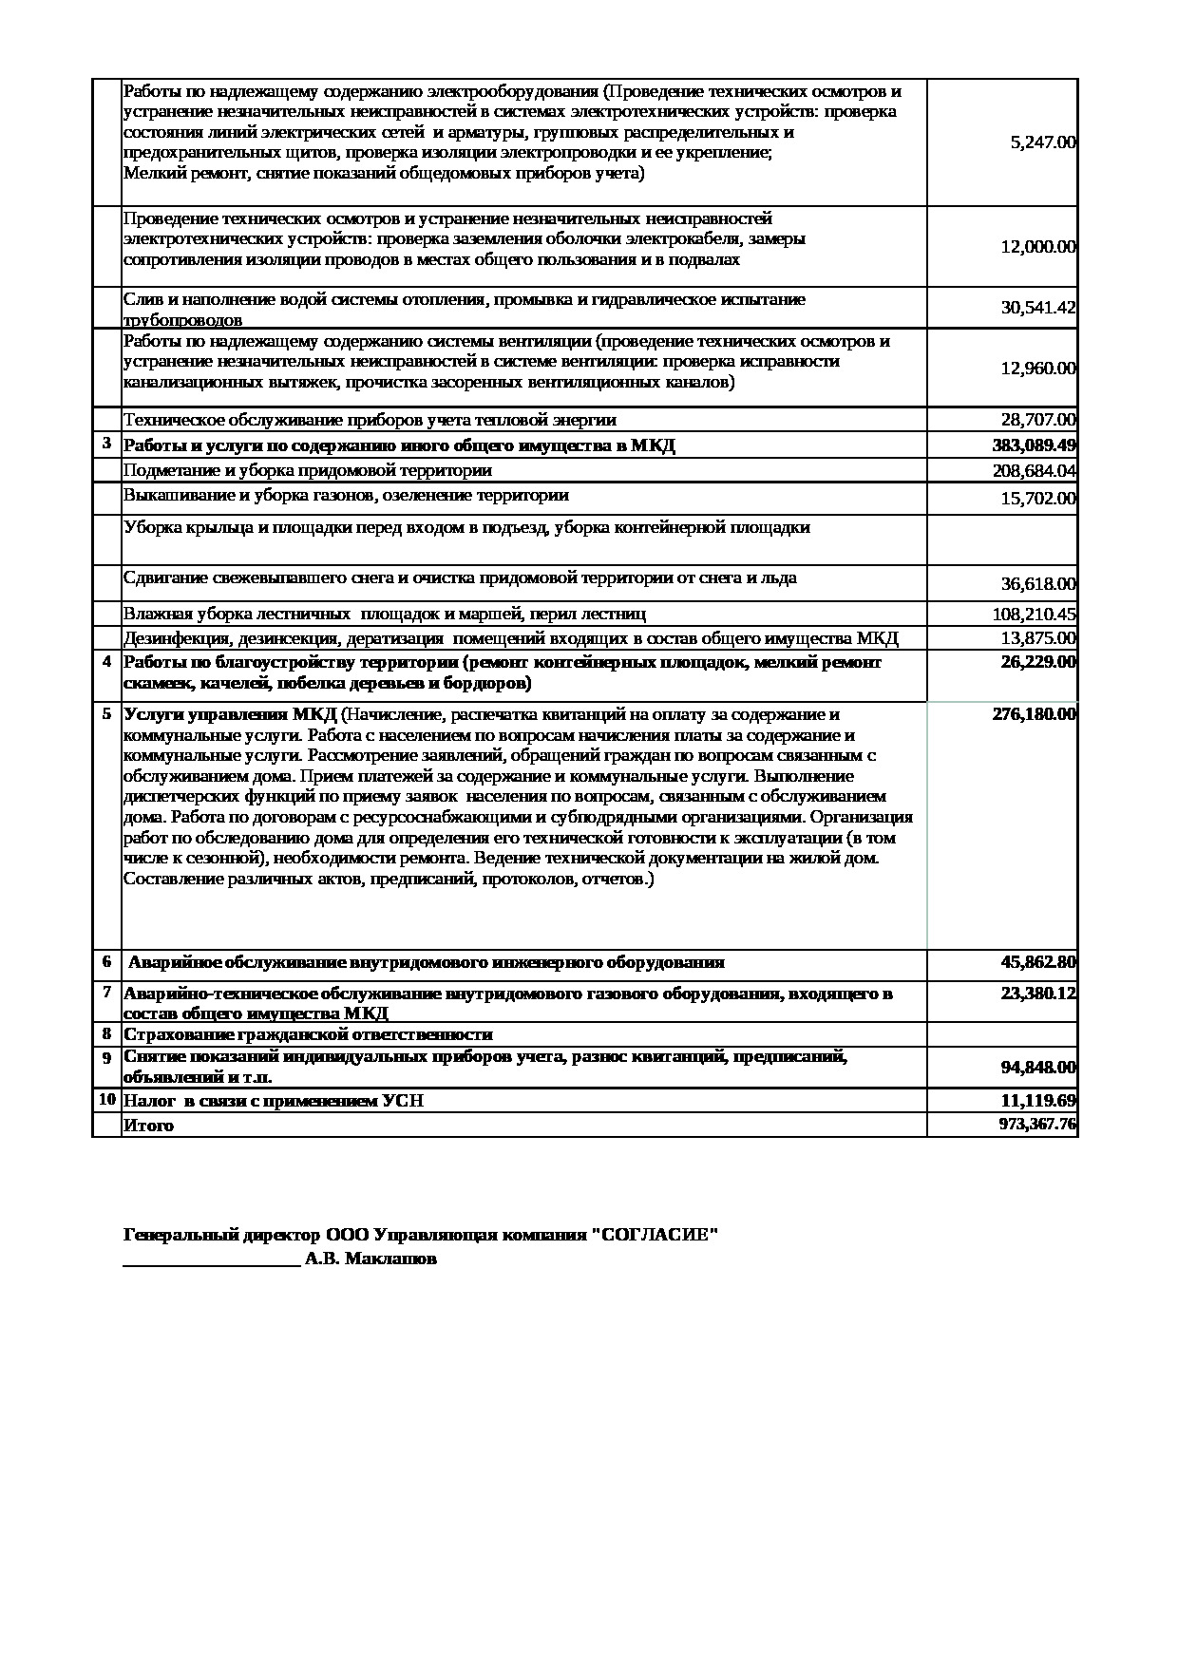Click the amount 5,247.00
1042,142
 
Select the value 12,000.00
1038,247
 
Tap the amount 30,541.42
1038,308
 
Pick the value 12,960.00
1038,369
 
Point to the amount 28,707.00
1038,420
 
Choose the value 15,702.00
1038,499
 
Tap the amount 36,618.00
1038,584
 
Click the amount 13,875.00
1038,638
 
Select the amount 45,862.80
1038,962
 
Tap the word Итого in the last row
149,1126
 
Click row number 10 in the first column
106,1100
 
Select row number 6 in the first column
106,961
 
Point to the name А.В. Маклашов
371,1259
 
